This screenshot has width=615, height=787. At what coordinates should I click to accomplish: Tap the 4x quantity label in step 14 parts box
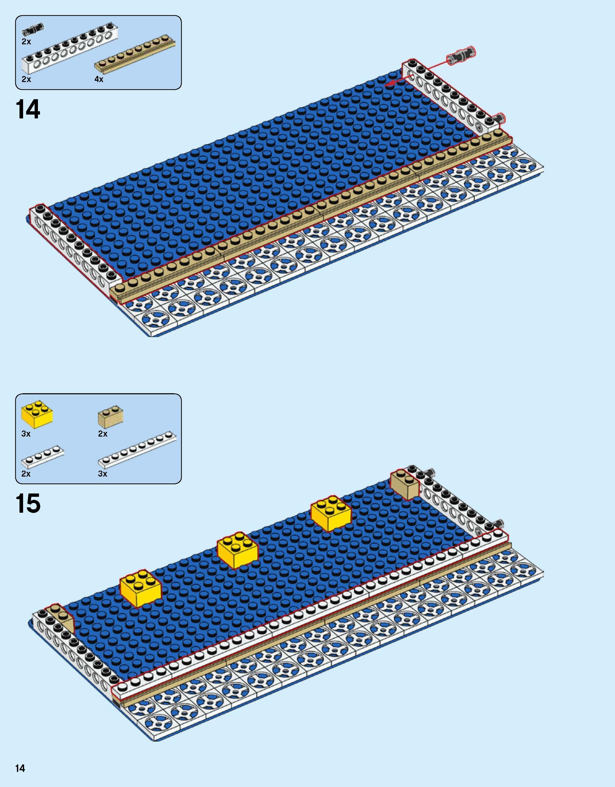point(99,79)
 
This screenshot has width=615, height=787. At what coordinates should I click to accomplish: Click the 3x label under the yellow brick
point(26,434)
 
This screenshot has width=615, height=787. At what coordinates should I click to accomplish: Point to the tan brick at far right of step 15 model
point(405,485)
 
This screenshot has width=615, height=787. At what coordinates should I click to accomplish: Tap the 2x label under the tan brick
point(103,434)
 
